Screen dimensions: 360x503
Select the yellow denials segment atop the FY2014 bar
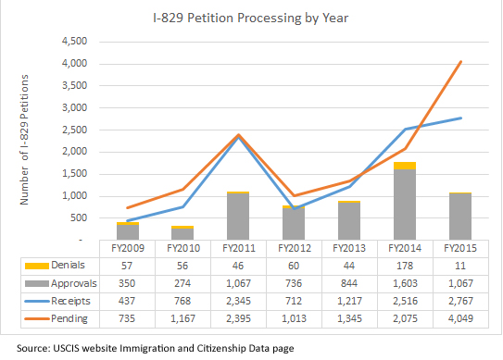tap(405, 166)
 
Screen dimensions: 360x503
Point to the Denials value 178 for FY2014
tap(405, 264)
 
